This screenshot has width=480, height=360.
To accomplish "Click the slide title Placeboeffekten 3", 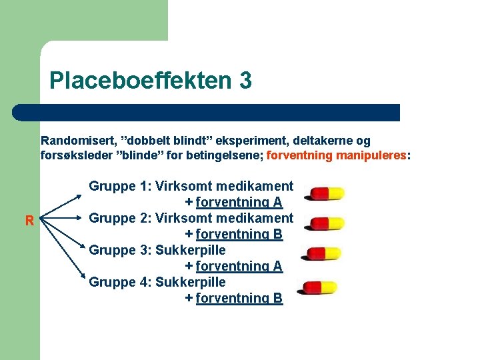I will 151,81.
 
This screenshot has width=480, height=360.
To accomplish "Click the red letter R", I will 29,221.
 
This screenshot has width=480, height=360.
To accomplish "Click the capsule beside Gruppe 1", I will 324,193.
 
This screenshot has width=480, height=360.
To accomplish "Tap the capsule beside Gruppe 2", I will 324,223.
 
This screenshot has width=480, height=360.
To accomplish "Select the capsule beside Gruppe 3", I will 324,253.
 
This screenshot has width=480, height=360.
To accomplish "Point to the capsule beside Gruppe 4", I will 320,287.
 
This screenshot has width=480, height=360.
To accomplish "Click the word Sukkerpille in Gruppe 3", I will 191,250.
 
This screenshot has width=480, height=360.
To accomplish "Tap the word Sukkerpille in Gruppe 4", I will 191,282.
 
